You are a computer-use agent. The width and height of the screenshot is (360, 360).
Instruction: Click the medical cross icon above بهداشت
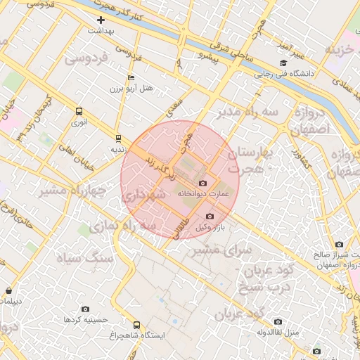101,20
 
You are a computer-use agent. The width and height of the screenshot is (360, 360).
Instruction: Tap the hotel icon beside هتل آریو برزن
131,77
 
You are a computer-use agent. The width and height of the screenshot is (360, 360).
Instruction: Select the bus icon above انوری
79,111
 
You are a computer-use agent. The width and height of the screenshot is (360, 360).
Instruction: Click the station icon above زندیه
118,138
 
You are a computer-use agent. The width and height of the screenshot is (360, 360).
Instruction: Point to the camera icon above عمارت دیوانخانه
203,183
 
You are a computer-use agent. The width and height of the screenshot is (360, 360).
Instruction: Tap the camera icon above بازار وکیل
210,217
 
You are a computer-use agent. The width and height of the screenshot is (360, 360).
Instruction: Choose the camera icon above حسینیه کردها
86,309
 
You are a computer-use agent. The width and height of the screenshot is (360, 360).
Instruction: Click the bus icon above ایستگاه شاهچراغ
136,326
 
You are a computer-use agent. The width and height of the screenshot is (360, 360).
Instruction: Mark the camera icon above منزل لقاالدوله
278,321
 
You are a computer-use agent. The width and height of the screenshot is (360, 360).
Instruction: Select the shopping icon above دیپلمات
8,290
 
